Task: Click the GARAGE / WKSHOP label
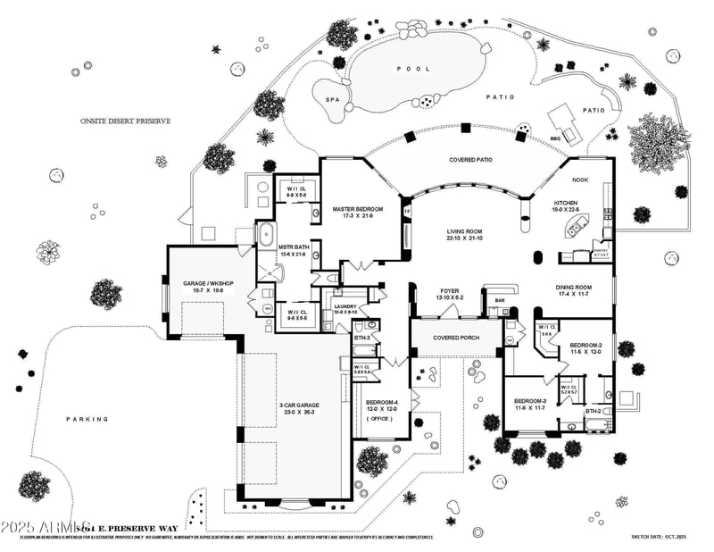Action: [x=207, y=283]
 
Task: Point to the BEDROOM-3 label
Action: [x=530, y=401]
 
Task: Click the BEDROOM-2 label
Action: [x=585, y=345]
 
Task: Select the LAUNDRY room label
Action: [x=345, y=306]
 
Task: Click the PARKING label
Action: [x=87, y=418]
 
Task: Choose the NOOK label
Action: [x=580, y=180]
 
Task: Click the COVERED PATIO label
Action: [x=470, y=160]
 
